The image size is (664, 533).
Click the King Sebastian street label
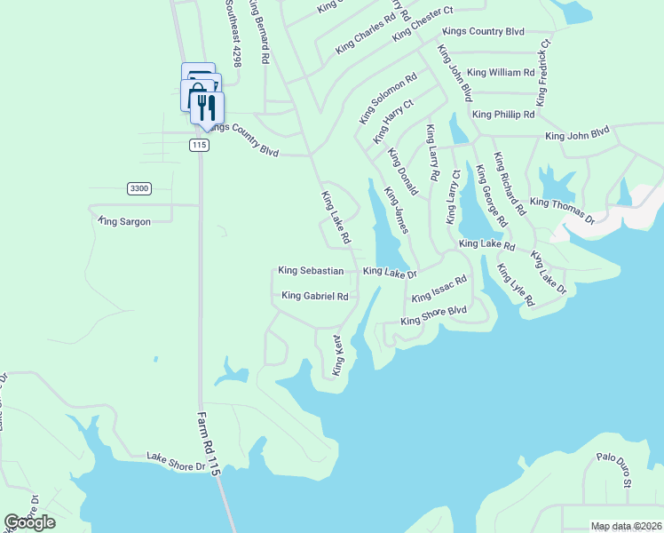tap(311, 270)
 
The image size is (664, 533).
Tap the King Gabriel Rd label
tap(315, 296)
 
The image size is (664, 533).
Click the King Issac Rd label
tap(439, 288)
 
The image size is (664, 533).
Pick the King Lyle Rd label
tap(516, 285)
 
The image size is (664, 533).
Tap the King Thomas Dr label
tap(562, 210)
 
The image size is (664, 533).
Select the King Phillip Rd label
tap(503, 115)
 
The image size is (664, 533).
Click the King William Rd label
tap(501, 72)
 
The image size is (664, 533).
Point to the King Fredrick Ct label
tap(543, 68)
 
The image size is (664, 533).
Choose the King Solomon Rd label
tap(388, 99)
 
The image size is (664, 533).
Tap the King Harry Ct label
tap(393, 122)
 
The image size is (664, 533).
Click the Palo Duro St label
tap(613, 470)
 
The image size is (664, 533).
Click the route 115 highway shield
tap(199, 145)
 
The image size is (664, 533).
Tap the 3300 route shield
tap(139, 188)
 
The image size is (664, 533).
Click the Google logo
tap(29, 521)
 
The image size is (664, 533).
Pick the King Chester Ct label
tap(423, 23)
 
